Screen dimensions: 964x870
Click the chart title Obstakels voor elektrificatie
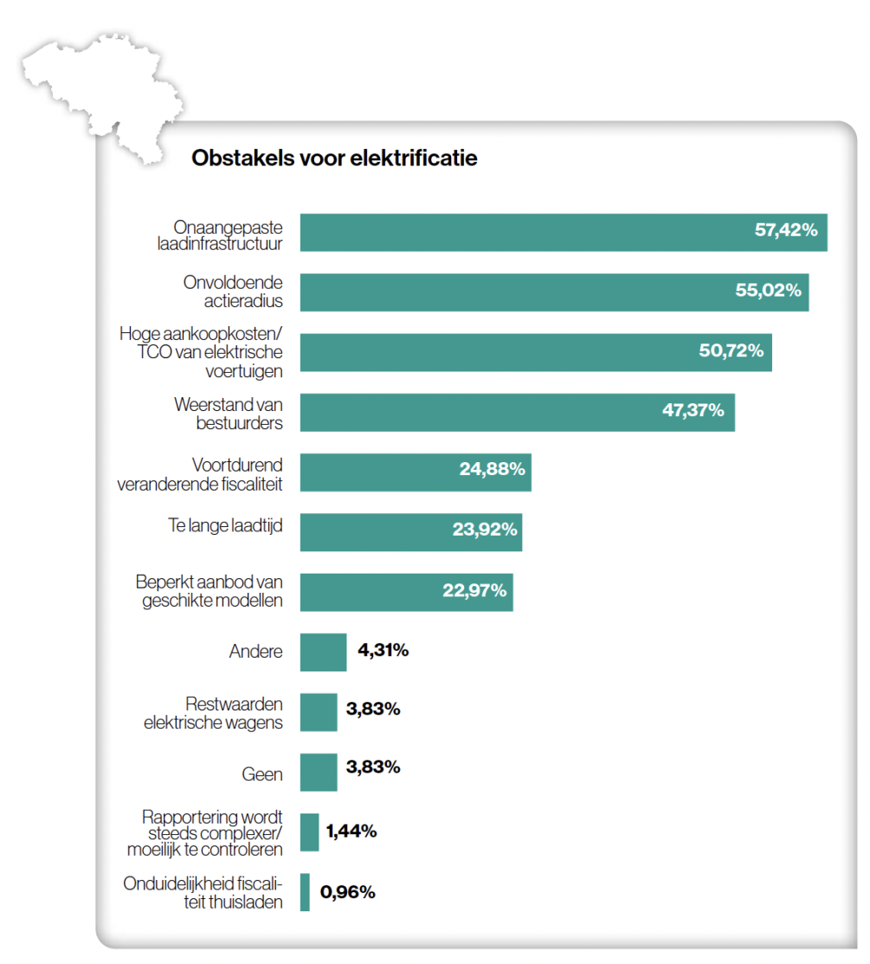(x=334, y=159)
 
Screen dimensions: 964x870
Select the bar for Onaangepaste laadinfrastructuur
(x=563, y=233)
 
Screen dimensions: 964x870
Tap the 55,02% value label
(x=768, y=291)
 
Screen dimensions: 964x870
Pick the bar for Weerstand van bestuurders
(x=517, y=412)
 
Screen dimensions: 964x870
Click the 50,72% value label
(x=731, y=350)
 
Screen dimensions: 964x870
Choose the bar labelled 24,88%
(x=416, y=472)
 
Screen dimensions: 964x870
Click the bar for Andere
(x=323, y=652)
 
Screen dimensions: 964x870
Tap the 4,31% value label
(x=383, y=650)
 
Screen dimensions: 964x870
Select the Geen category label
(x=262, y=774)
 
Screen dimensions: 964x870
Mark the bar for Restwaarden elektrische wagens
(x=319, y=712)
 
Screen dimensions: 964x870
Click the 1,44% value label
(x=351, y=832)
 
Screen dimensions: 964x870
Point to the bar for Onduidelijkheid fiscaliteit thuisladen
(x=305, y=892)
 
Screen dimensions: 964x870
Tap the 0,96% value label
(x=347, y=892)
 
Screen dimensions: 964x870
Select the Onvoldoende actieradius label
(x=232, y=292)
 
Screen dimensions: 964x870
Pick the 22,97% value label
(x=474, y=591)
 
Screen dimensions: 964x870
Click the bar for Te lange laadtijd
(x=410, y=531)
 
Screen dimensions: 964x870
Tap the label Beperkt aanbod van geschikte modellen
(x=209, y=591)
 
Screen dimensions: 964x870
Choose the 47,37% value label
(x=693, y=410)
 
